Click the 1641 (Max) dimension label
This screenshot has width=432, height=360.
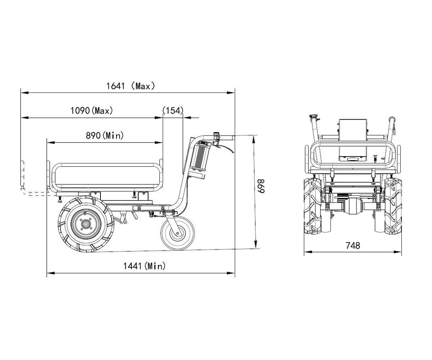(131, 86)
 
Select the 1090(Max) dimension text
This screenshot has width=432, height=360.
(92, 111)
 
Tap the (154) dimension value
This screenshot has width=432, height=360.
(173, 111)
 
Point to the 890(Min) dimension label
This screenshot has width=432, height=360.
(104, 135)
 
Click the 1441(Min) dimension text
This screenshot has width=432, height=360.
(144, 266)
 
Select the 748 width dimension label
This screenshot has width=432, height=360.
(353, 246)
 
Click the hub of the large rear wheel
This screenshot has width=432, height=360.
(86, 224)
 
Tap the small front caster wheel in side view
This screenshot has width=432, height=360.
(178, 233)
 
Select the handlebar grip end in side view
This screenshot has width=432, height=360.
(227, 138)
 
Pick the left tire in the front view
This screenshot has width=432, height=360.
(312, 206)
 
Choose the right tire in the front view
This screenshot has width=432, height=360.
(393, 206)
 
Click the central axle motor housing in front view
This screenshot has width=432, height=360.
(353, 207)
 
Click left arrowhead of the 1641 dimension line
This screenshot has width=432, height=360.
(24, 93)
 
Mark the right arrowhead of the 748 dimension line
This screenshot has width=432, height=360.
(398, 252)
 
